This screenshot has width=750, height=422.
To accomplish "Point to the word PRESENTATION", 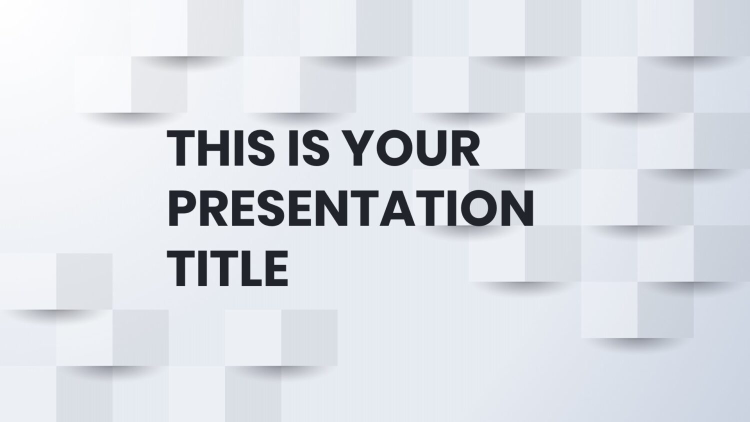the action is pos(350,208).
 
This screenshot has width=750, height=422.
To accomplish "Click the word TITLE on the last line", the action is pos(227,268).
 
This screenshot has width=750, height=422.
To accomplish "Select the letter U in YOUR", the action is pos(431,148).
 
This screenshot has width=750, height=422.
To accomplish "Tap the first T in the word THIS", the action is pos(181,147).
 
